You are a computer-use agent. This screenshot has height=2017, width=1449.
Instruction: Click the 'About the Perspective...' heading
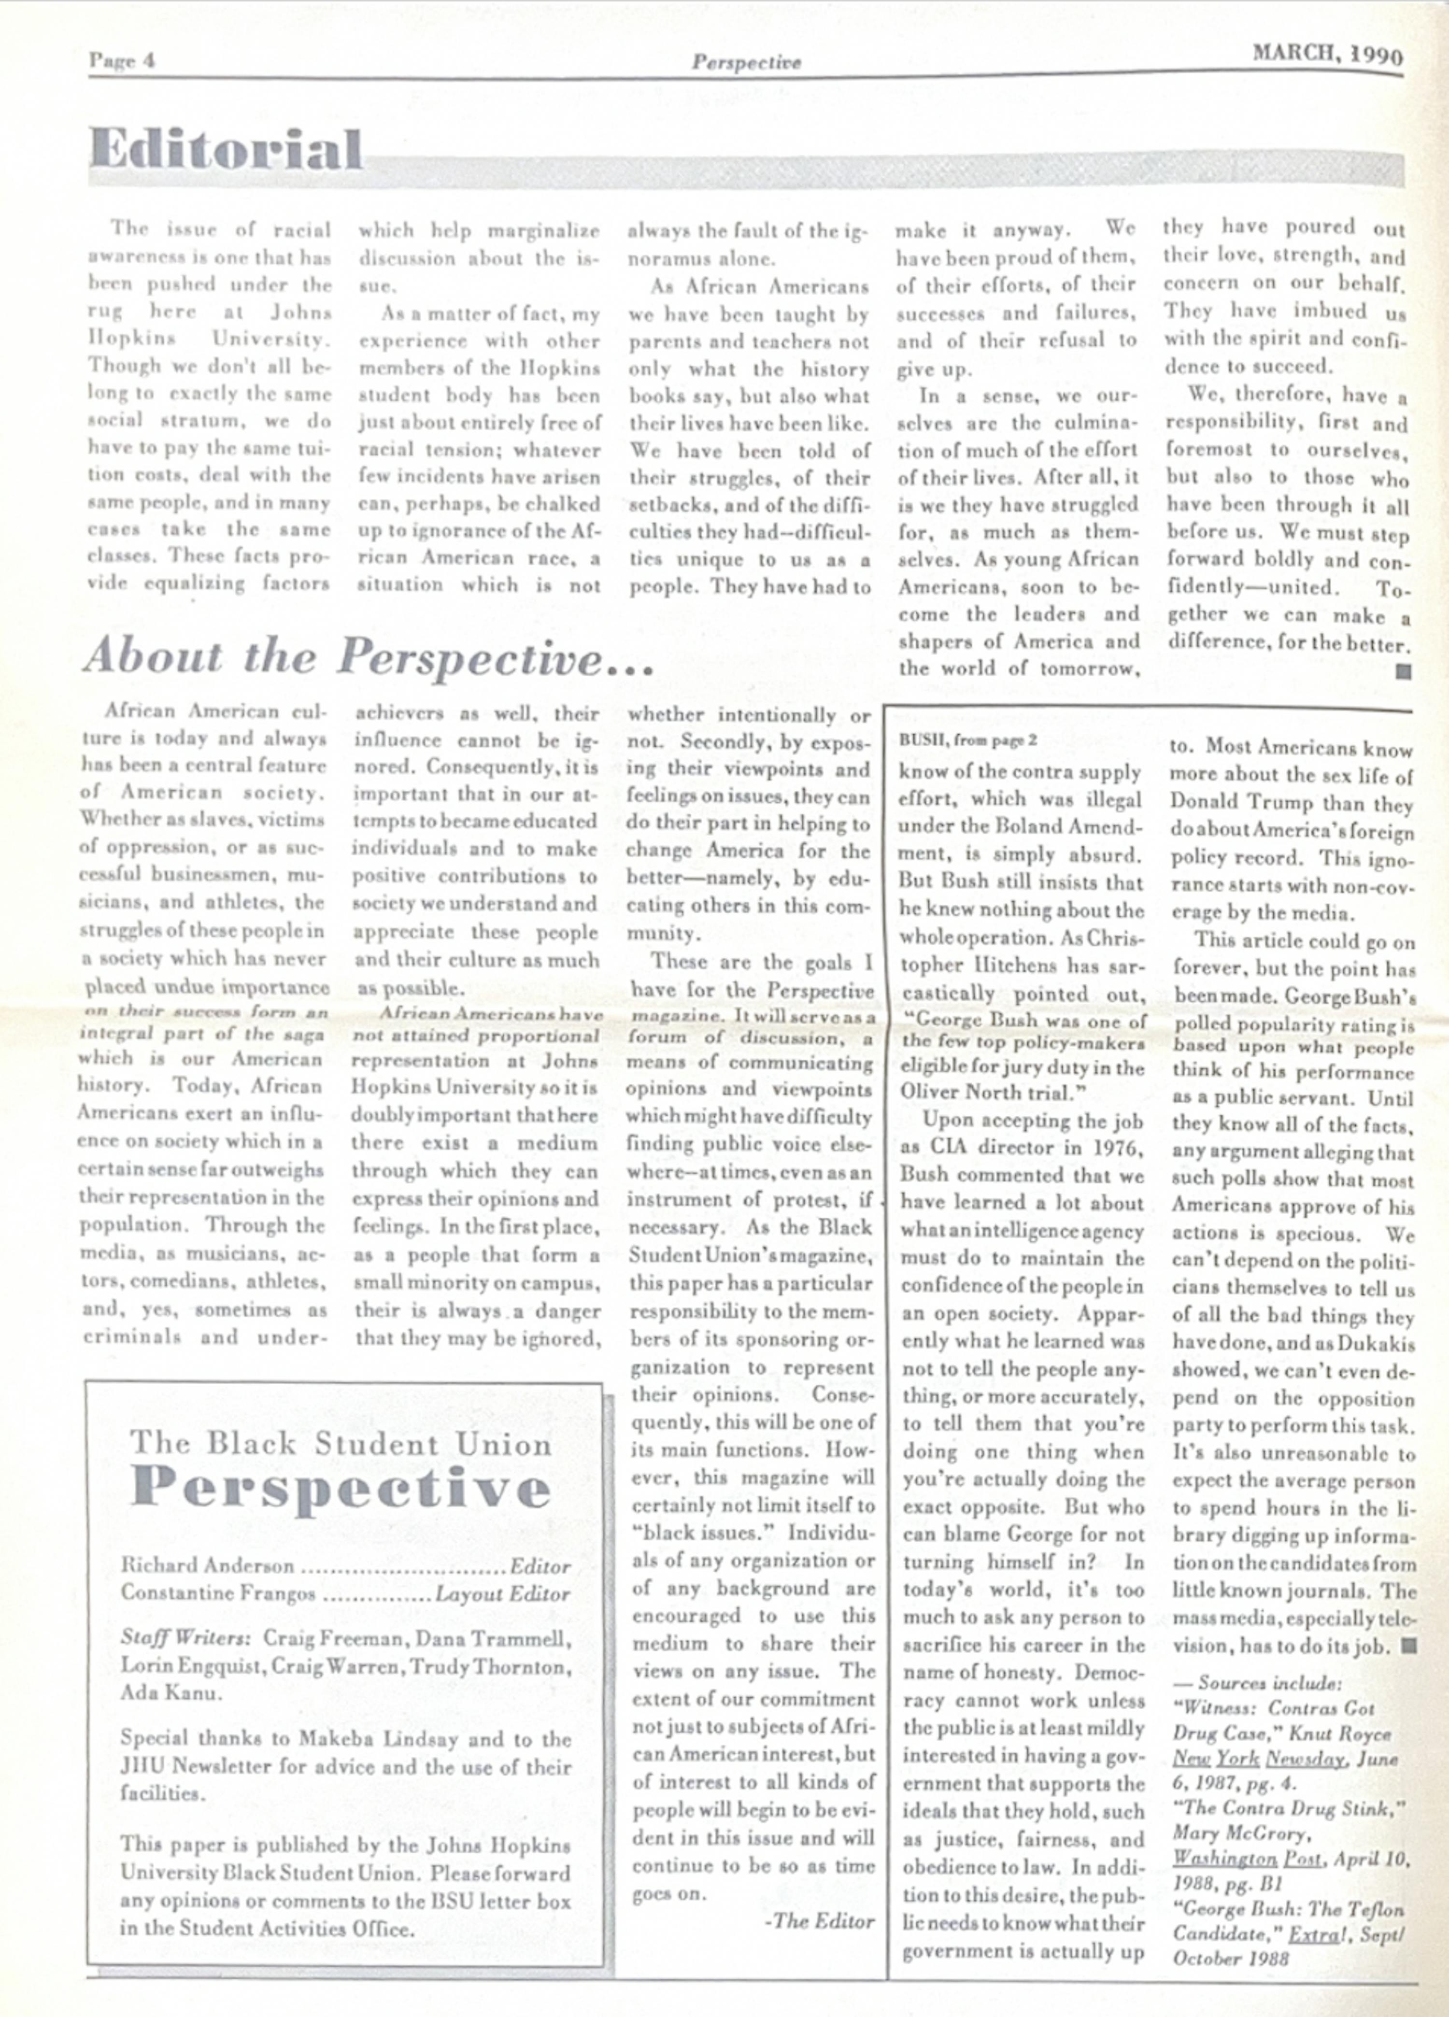368,659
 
